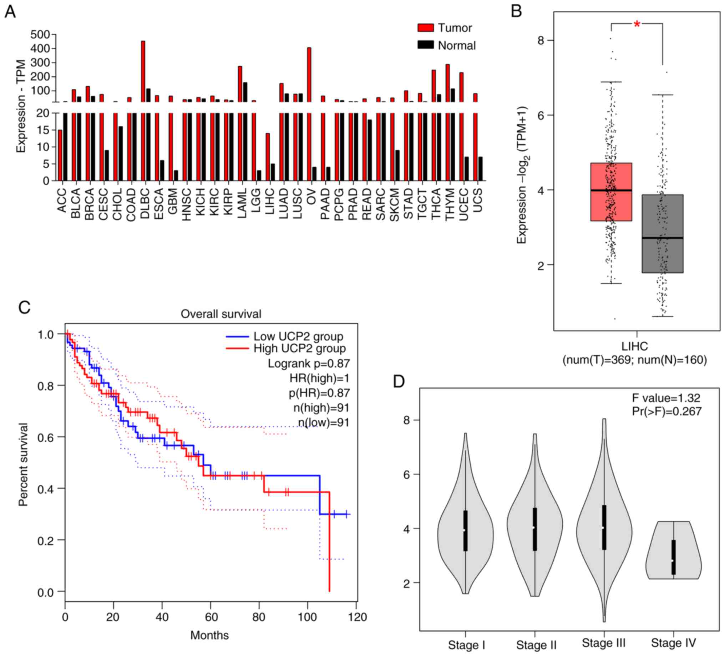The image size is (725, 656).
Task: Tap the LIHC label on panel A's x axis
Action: tap(270, 202)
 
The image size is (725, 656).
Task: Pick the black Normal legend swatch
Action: tap(425, 45)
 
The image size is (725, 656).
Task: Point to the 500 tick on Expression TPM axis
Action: tap(40, 35)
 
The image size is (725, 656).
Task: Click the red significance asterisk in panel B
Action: tap(637, 25)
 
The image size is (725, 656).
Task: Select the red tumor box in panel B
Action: tap(611, 192)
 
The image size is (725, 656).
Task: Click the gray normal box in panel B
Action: tap(663, 234)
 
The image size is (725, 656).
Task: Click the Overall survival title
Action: tap(221, 314)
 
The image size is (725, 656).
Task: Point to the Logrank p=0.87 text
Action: tap(309, 363)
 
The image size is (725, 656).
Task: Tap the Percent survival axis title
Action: tap(23, 464)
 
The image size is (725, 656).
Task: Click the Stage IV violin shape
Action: tap(673, 550)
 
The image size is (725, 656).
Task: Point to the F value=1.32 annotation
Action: tap(666, 398)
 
